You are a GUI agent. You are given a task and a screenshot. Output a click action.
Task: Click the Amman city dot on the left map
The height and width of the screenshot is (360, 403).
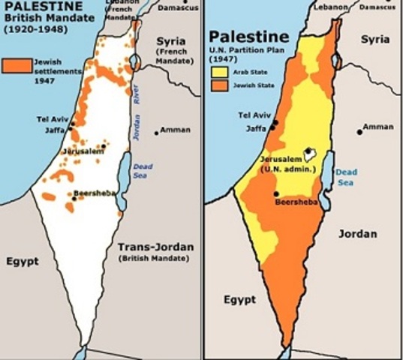click(156, 132)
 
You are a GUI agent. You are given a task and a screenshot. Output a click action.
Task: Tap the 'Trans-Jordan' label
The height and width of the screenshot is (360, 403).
click(155, 247)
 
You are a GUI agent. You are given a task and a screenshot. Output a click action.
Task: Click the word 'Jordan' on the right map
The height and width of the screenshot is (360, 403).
click(358, 233)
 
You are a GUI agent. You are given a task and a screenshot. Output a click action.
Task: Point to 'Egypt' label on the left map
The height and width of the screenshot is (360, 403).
click(22, 262)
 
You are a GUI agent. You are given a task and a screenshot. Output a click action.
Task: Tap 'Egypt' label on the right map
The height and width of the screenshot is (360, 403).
click(239, 299)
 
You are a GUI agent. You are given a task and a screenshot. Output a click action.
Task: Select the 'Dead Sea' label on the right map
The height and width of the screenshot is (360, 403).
click(345, 177)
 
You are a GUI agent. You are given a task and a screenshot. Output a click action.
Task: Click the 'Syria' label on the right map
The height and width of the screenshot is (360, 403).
click(375, 38)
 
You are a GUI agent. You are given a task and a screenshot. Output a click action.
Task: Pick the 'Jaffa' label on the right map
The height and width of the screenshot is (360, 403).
click(256, 128)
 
